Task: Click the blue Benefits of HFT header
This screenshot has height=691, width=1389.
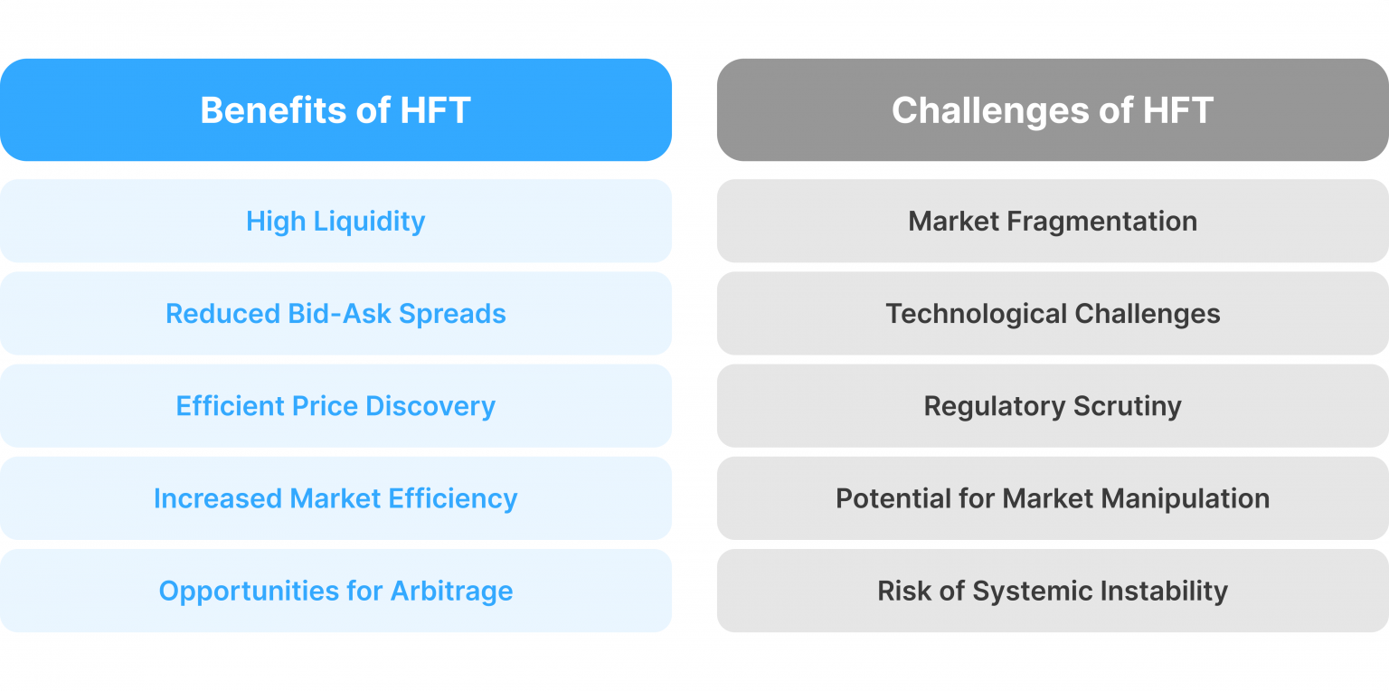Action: click(335, 110)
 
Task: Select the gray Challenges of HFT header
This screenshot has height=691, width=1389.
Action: click(1053, 110)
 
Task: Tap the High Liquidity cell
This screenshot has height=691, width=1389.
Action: click(335, 222)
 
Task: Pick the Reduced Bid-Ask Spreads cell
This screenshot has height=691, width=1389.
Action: click(335, 314)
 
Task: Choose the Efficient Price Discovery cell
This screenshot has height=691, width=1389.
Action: click(335, 406)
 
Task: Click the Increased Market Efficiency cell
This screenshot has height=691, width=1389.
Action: click(335, 498)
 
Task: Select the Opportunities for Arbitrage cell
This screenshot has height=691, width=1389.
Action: click(335, 591)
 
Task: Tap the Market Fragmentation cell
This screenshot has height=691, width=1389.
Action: click(1053, 222)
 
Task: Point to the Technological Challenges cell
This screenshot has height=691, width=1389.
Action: click(1053, 314)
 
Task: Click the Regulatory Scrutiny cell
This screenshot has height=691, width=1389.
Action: click(1053, 406)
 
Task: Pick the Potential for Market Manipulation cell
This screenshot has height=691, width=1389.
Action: click(1053, 498)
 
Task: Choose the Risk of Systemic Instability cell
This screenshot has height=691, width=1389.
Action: click(1053, 591)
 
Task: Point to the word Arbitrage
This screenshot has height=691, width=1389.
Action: click(451, 592)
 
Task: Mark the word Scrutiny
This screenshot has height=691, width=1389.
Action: click(1128, 407)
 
